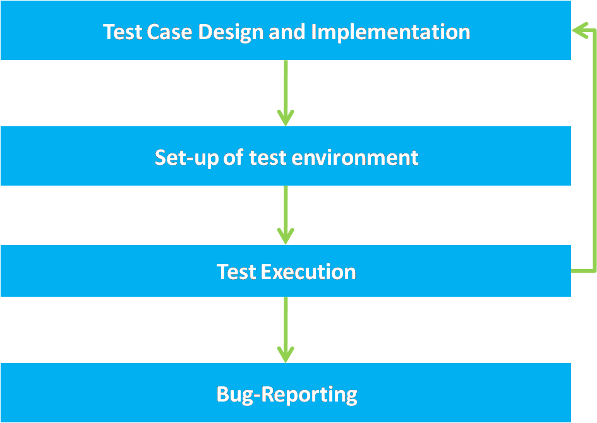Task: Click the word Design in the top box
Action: click(231, 32)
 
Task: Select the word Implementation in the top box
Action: click(390, 32)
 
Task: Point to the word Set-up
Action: click(186, 158)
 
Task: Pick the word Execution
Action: click(308, 272)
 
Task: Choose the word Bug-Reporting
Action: click(287, 395)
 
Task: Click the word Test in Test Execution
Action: click(236, 272)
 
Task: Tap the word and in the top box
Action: click(287, 32)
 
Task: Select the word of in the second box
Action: click(234, 157)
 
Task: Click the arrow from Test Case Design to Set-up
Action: click(286, 93)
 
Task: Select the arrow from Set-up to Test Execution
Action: click(286, 215)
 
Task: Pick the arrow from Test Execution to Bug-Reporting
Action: click(286, 330)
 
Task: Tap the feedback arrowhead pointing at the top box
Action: click(580, 30)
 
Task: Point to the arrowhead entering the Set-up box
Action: click(286, 118)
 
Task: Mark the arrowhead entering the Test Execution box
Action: click(286, 236)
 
